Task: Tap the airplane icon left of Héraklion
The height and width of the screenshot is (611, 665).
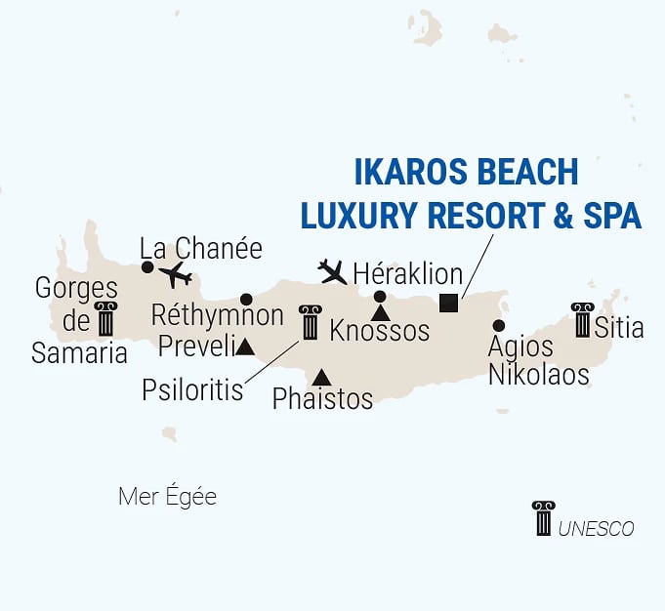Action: pyautogui.click(x=333, y=270)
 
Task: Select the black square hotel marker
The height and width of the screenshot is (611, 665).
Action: pyautogui.click(x=448, y=303)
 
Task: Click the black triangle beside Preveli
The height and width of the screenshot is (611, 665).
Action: pyautogui.click(x=246, y=346)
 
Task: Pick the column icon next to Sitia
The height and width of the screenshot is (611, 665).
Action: pyautogui.click(x=583, y=320)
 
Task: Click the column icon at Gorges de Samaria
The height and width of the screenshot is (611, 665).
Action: pyautogui.click(x=104, y=319)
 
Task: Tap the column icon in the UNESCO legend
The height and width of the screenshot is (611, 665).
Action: pyautogui.click(x=543, y=518)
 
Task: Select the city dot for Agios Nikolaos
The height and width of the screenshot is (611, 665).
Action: pyautogui.click(x=499, y=325)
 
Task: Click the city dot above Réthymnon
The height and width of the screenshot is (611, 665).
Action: pyautogui.click(x=246, y=300)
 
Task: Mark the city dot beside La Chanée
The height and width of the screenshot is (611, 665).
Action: pyautogui.click(x=147, y=266)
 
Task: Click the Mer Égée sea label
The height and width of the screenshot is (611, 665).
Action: pyautogui.click(x=167, y=497)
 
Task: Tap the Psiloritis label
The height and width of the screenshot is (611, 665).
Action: pyautogui.click(x=191, y=389)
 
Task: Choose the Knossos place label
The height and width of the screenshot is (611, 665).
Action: pyautogui.click(x=380, y=330)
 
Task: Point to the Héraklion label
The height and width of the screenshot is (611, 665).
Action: pyautogui.click(x=407, y=274)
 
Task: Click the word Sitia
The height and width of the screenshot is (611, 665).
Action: pyautogui.click(x=619, y=327)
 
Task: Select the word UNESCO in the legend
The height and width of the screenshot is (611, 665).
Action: pyautogui.click(x=597, y=529)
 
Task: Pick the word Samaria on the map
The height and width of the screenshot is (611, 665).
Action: pyautogui.click(x=80, y=352)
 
